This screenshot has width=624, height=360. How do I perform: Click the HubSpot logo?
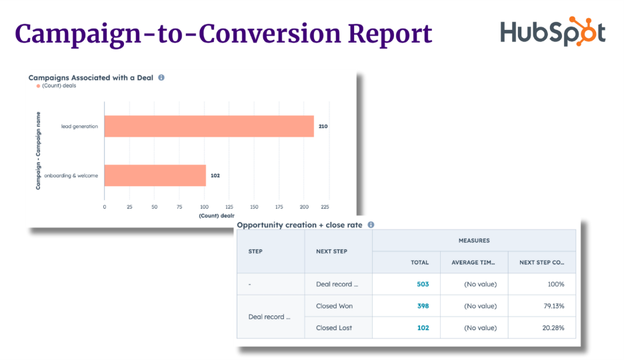coord(553,33)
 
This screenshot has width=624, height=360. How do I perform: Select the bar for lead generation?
coord(209,126)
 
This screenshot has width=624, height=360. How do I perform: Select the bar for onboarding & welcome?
coord(155,175)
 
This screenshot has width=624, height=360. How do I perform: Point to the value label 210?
coord(323,126)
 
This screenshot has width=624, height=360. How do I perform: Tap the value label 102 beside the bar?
coord(215,175)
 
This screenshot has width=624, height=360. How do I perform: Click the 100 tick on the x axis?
coord(204,207)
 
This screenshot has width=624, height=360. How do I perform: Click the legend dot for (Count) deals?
coord(38,86)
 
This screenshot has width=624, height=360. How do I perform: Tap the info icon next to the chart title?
coord(161,77)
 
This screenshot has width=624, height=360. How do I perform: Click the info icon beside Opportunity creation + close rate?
coord(371,225)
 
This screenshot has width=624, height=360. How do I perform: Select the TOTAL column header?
coord(419,262)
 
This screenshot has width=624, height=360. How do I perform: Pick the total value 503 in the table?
coord(422,284)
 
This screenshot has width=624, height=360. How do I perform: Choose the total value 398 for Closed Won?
coord(422,306)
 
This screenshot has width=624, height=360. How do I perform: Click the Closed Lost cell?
coord(334,327)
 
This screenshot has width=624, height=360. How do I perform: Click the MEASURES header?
coord(473,240)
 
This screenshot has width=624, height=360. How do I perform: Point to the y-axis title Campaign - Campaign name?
coord(39,151)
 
